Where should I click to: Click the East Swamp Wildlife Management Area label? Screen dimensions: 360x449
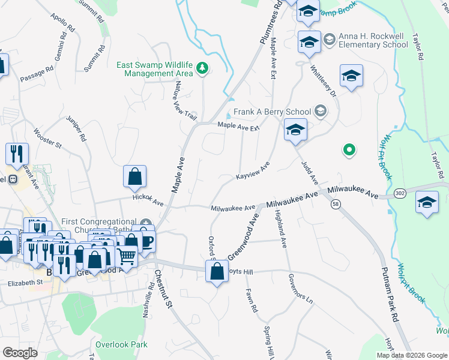pyautogui.click(x=158, y=69)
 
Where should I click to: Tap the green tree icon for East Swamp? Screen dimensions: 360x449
pyautogui.click(x=202, y=69)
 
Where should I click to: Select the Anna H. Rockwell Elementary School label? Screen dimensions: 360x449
pyautogui.click(x=373, y=40)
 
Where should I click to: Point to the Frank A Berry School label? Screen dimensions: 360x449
pyautogui.click(x=273, y=112)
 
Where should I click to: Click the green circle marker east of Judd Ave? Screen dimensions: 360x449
pyautogui.click(x=348, y=149)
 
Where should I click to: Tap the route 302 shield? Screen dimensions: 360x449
pyautogui.click(x=400, y=193)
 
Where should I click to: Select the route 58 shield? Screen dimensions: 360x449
pyautogui.click(x=336, y=205)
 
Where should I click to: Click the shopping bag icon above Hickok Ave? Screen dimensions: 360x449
pyautogui.click(x=135, y=177)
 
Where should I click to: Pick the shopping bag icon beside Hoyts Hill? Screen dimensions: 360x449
pyautogui.click(x=217, y=272)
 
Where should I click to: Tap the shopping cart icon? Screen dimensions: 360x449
pyautogui.click(x=126, y=256)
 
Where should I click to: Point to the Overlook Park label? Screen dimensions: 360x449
pyautogui.click(x=121, y=345)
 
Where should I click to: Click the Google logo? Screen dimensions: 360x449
pyautogui.click(x=20, y=353)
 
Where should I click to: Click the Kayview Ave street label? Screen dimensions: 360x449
pyautogui.click(x=253, y=170)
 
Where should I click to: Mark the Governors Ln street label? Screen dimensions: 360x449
pyautogui.click(x=301, y=289)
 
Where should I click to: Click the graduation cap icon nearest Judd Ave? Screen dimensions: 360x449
pyautogui.click(x=295, y=130)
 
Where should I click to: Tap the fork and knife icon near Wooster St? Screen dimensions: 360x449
pyautogui.click(x=17, y=154)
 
